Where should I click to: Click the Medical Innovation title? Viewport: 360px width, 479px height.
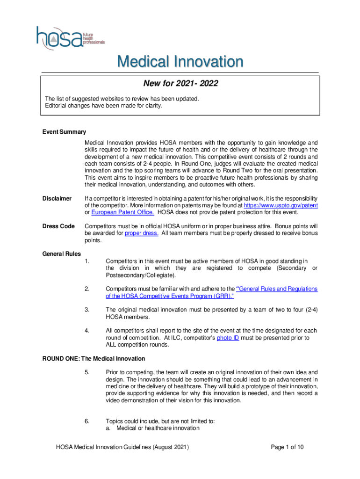click(x=180, y=62)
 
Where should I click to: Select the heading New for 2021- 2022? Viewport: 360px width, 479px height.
click(x=180, y=84)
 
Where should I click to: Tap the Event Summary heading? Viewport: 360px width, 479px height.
click(x=64, y=132)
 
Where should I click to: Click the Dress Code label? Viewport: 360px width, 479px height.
click(x=58, y=226)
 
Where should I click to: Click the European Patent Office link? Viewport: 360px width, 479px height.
click(x=122, y=213)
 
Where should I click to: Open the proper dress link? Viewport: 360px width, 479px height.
click(x=142, y=233)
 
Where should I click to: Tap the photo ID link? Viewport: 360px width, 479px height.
click(x=228, y=338)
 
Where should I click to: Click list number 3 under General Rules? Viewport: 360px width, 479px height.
click(x=87, y=310)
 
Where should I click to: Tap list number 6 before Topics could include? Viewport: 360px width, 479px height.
click(x=87, y=421)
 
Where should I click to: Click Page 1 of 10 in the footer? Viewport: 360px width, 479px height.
click(x=287, y=447)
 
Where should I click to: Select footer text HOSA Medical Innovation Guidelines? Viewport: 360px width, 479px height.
click(x=122, y=447)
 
